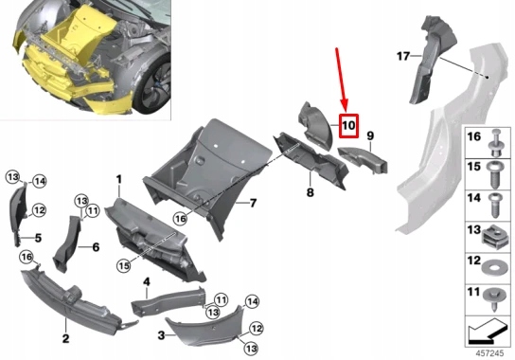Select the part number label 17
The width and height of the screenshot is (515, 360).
pyautogui.click(x=402, y=56)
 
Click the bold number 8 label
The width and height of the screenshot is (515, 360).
pyautogui.click(x=309, y=193)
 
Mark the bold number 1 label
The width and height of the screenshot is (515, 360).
pyautogui.click(x=119, y=178)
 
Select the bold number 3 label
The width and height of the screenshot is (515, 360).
pyautogui.click(x=162, y=335)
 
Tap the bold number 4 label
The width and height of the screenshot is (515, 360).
pyautogui.click(x=147, y=281)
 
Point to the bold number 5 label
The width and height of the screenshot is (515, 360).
pyautogui.click(x=39, y=238)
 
